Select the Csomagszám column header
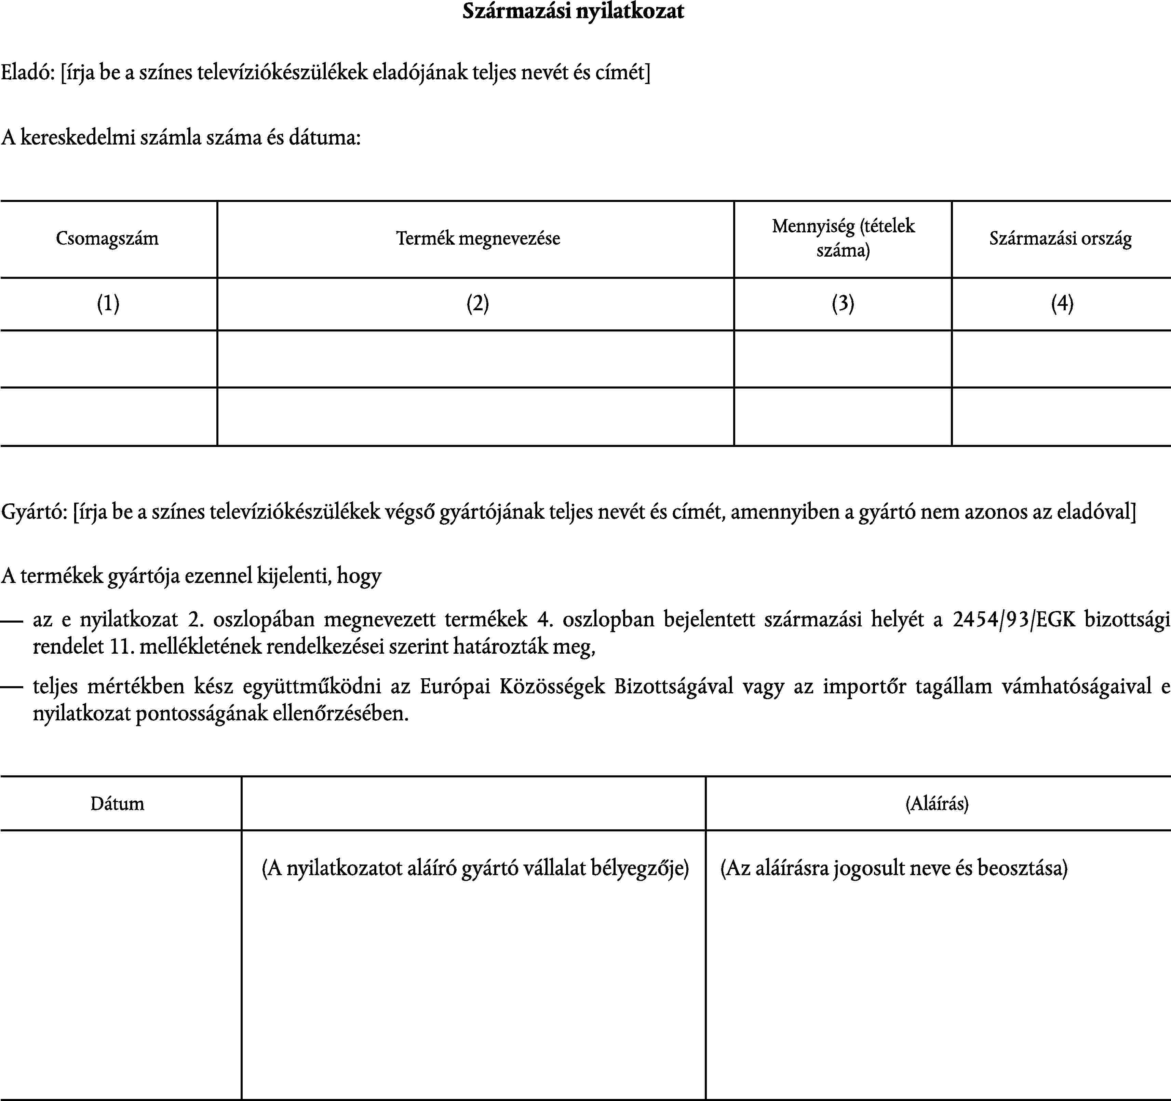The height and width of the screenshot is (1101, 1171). [107, 239]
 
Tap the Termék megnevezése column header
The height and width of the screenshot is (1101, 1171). [478, 239]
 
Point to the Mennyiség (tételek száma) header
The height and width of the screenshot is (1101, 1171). [843, 239]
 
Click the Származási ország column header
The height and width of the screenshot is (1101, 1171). [1060, 239]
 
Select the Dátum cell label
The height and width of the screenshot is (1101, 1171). [117, 804]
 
